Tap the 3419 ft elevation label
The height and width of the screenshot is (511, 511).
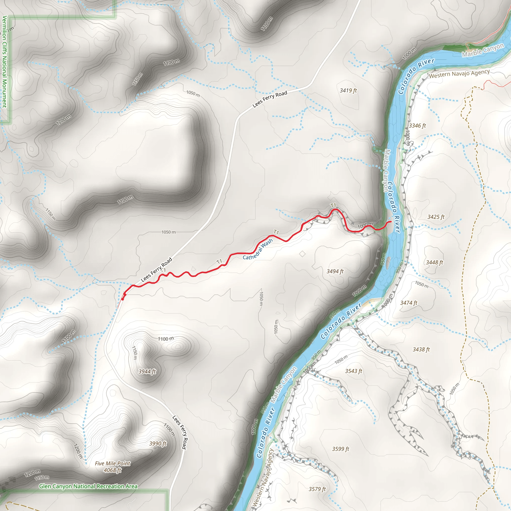pos(348,91)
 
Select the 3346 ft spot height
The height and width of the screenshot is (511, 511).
pos(417,126)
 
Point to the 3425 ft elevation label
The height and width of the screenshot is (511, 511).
pos(436,217)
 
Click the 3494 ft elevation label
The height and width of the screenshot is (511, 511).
pos(335,271)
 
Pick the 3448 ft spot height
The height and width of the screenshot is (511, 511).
pos(434,262)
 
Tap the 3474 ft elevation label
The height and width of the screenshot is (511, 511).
pos(408,303)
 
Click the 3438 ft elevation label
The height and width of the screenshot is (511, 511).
pos(421,349)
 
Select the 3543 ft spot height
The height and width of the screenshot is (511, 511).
pos(353,371)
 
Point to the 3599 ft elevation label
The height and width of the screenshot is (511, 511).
pos(340,449)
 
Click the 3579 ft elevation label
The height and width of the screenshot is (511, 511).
pos(317,489)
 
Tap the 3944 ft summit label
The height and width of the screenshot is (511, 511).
pos(147,372)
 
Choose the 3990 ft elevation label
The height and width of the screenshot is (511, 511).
pos(158,444)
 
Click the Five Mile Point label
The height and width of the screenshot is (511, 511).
pos(113,463)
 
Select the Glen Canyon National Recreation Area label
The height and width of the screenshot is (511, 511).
pos(88,486)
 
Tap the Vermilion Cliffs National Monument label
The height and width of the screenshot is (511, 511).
pos(4,62)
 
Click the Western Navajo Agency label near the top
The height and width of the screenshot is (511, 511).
pos(459,74)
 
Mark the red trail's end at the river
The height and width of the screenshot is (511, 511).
pos(391,222)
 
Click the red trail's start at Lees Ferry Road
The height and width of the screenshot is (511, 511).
pos(123,299)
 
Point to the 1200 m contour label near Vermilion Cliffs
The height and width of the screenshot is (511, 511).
pos(63,120)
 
